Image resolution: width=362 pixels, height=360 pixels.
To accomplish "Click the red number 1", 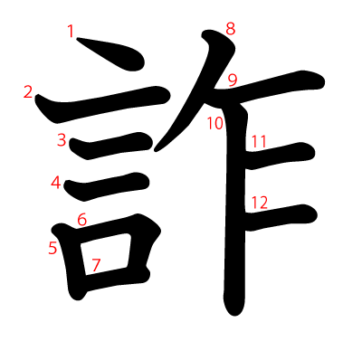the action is click(x=71, y=32).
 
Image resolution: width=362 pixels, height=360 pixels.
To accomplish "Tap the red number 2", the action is click(x=28, y=92).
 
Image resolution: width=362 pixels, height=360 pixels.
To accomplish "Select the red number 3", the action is click(x=62, y=140).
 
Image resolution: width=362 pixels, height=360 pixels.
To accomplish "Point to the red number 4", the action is click(x=56, y=183).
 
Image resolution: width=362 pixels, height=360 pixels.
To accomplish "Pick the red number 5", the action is click(x=52, y=248).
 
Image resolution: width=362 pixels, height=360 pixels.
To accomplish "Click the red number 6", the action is click(x=82, y=220).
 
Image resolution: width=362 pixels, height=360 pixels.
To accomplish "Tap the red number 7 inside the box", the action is click(x=96, y=265).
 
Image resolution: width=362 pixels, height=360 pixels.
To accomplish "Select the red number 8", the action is click(x=231, y=29).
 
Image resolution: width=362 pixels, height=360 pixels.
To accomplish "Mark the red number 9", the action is click(x=233, y=81).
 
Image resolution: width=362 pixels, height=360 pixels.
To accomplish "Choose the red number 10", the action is click(x=215, y=123).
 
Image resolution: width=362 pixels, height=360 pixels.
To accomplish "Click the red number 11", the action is click(x=259, y=142).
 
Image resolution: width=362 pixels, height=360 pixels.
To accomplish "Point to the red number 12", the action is click(x=260, y=203).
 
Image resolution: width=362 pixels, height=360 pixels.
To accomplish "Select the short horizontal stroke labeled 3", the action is click(x=111, y=146).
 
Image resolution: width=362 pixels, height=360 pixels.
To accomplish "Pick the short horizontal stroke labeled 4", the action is click(x=107, y=187).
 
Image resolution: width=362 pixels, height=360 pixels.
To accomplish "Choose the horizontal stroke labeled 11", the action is click(x=281, y=156).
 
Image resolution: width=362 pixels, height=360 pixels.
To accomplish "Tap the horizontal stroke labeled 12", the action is click(x=281, y=217).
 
